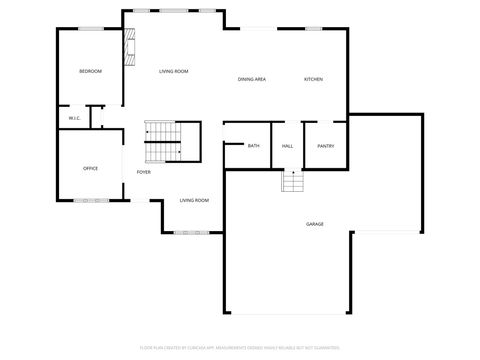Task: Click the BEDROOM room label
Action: (91, 71)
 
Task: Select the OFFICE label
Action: (90, 168)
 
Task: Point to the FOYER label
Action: (144, 172)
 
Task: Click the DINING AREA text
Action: (251, 79)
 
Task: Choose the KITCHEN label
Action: (313, 79)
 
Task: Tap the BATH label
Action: (253, 146)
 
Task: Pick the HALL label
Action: (287, 146)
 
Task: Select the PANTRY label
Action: (325, 146)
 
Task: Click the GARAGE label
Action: (314, 224)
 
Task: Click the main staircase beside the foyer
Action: (162, 141)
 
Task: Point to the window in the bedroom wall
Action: (89, 29)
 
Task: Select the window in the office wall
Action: (91, 201)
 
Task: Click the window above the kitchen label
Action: (313, 29)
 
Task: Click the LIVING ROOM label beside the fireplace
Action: (174, 71)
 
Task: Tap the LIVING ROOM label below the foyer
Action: (194, 200)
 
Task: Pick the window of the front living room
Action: (190, 233)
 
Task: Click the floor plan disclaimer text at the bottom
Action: (240, 349)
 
